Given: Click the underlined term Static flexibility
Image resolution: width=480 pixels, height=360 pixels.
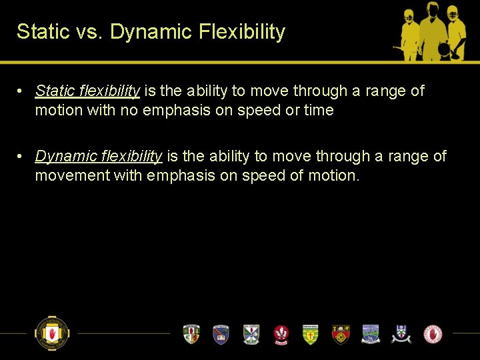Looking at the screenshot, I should click(x=87, y=91).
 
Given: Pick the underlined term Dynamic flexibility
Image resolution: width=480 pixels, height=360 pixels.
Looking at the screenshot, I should click(x=99, y=157).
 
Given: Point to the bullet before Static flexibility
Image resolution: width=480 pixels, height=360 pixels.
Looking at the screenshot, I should click(x=22, y=91).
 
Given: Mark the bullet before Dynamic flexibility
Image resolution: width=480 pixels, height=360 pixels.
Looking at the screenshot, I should click(x=22, y=157).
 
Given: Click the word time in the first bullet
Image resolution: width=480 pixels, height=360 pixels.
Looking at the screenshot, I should click(x=319, y=111).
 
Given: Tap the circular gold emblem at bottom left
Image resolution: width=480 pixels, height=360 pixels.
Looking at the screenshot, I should click(x=52, y=333).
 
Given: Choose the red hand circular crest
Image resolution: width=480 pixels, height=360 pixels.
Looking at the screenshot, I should click(x=433, y=334).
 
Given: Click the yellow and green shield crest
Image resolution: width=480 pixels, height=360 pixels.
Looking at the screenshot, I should click(x=310, y=334).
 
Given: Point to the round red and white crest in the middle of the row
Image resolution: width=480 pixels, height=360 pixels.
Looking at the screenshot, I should click(x=281, y=334).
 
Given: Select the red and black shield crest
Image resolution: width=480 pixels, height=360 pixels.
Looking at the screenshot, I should click(x=341, y=334).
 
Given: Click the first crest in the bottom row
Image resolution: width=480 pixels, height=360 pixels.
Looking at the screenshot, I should click(x=191, y=334).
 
